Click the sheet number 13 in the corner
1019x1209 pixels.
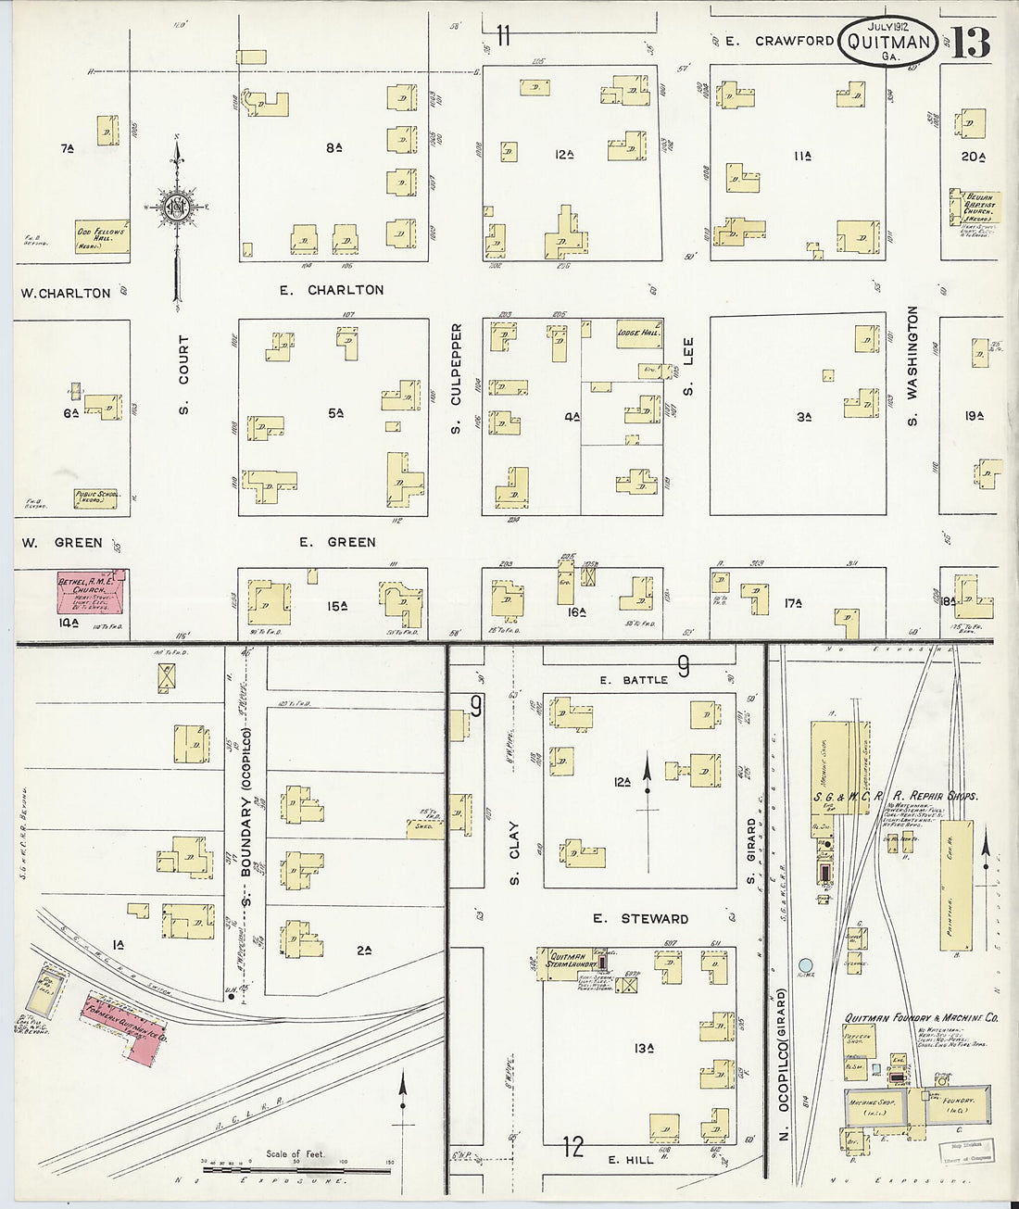click(970, 43)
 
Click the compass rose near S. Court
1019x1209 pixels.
click(176, 208)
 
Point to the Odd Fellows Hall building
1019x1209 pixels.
click(101, 236)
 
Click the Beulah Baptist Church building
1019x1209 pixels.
click(971, 208)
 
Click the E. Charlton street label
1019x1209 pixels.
click(332, 290)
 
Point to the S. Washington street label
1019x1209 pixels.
click(912, 367)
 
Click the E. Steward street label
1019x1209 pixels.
click(641, 918)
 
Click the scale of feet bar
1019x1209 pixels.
click(296, 1169)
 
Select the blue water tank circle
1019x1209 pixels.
click(806, 965)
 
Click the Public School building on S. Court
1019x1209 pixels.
click(96, 498)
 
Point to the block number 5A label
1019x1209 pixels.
click(335, 413)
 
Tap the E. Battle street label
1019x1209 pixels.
click(633, 680)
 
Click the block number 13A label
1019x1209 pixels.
click(645, 1048)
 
